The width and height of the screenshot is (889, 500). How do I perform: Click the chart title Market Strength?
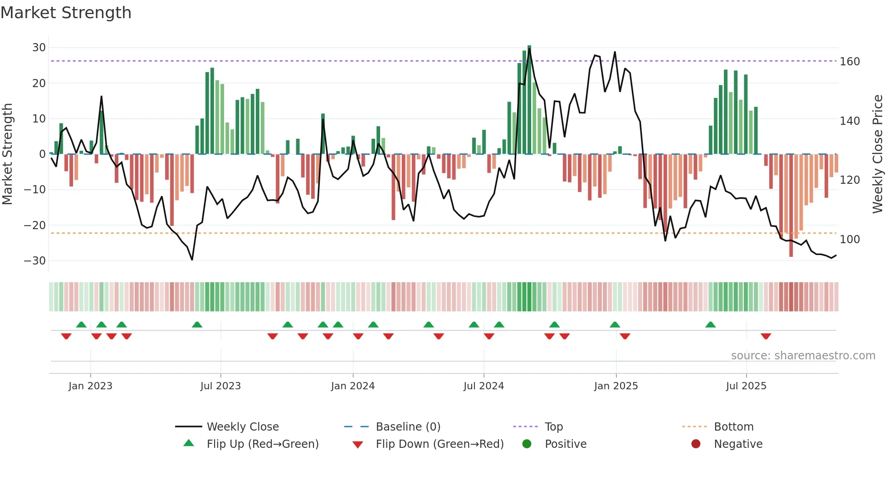point(66,13)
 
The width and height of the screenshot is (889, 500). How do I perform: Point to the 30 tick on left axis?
point(39,48)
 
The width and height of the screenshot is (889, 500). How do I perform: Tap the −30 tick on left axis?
point(35,261)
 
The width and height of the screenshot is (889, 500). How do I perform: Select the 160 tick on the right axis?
point(850,62)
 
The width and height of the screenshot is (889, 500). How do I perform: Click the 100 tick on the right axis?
point(850,240)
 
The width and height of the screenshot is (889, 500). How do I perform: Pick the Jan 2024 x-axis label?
point(352,386)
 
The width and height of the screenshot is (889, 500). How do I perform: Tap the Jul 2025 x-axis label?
point(746,386)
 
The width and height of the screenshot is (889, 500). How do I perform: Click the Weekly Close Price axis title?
point(877,154)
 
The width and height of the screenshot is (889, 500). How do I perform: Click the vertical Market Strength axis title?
point(7,154)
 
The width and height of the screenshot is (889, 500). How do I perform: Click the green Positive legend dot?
point(527,444)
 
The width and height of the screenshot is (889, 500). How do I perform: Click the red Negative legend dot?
point(696,444)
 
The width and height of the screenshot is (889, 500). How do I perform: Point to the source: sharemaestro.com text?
point(803,356)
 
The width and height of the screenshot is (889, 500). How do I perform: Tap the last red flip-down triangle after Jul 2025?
point(766,337)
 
